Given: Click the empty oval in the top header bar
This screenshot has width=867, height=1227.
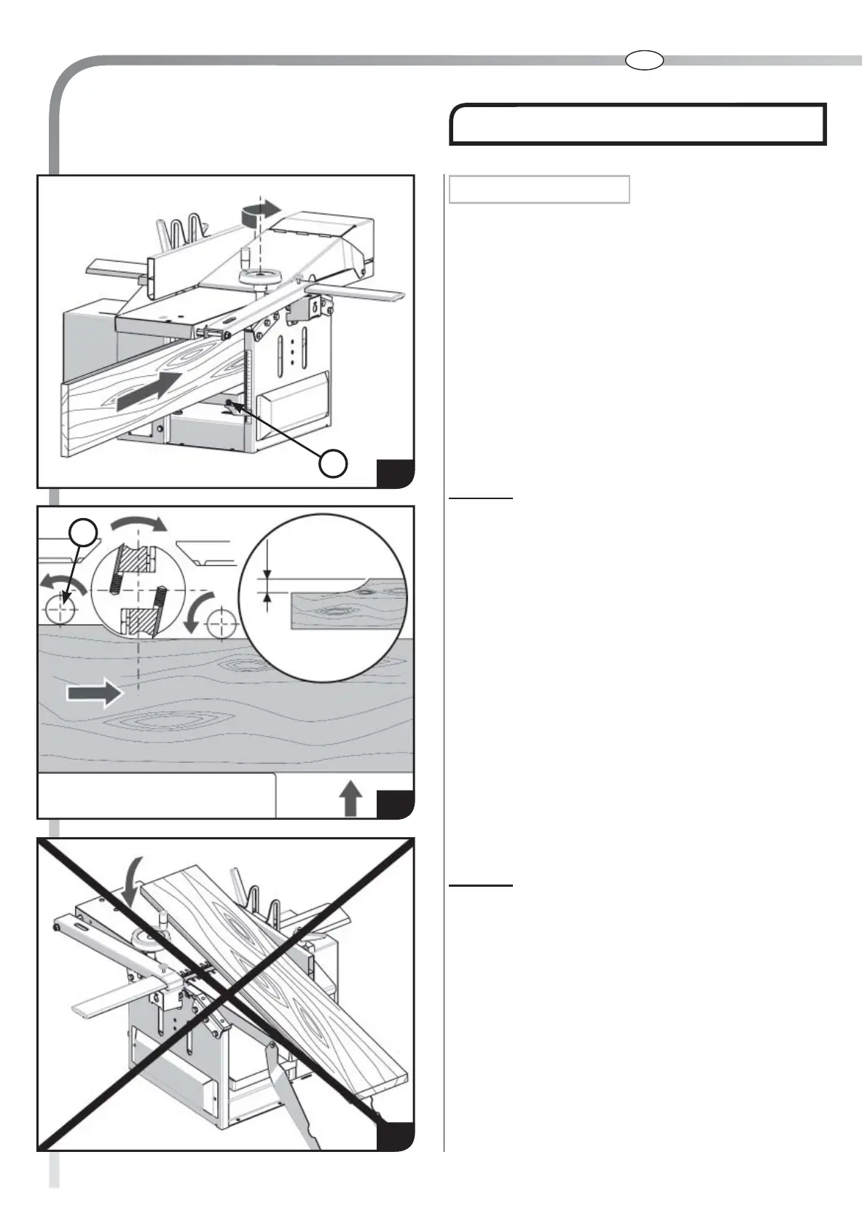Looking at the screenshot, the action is pos(644,60).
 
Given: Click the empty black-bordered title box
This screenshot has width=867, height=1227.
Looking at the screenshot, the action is pos(637,125).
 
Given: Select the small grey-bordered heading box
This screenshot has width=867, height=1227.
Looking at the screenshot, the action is pos(539,189).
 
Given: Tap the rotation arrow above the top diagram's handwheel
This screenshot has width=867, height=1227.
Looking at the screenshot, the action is pos(259,210).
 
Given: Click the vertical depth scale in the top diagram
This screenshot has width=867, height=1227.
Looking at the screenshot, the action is pos(248,379).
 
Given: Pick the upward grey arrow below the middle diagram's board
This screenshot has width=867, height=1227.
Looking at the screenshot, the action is pos(351,799).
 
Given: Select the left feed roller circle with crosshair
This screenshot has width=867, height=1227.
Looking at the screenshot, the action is pos(61,609).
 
